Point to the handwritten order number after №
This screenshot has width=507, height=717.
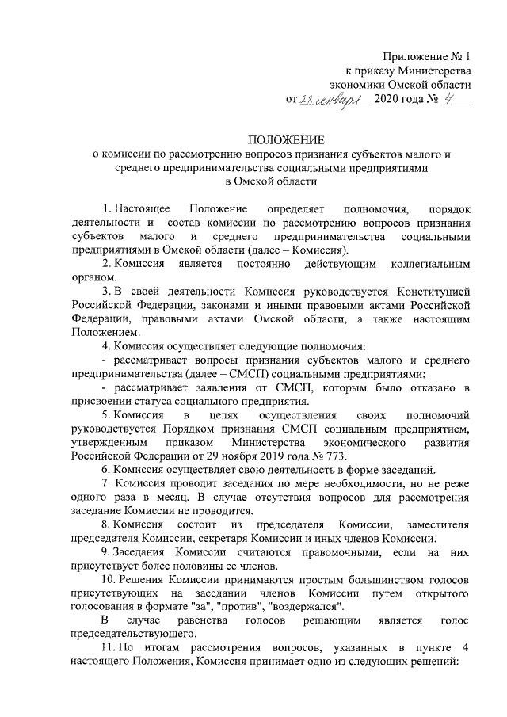[x=454, y=101]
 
